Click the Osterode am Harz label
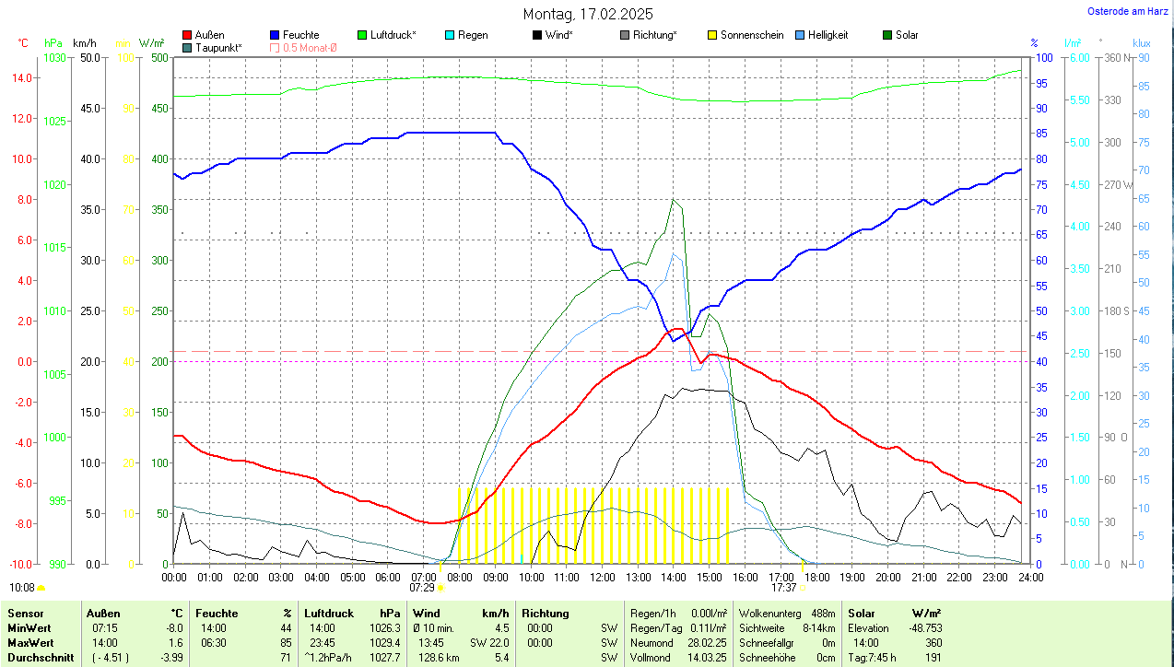point(1129,11)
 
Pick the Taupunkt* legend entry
point(218,47)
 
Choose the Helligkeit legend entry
point(828,35)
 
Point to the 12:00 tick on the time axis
point(602,577)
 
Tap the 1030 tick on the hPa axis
point(55,58)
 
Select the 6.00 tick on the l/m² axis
point(1077,58)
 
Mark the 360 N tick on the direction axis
point(1117,58)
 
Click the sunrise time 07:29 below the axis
point(422,587)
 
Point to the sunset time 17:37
point(783,587)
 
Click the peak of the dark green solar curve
point(674,200)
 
